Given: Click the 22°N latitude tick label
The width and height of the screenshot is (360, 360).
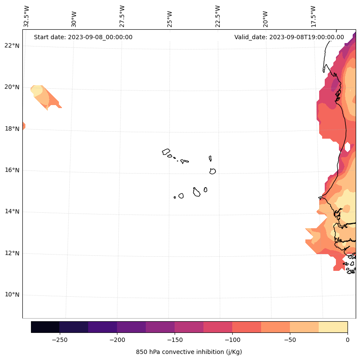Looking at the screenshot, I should [x=12, y=46].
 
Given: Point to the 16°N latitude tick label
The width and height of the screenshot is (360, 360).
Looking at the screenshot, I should [x=12, y=170].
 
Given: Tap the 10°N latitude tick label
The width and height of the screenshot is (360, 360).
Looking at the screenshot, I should [x=12, y=295].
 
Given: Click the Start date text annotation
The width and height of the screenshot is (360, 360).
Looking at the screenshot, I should [x=83, y=37].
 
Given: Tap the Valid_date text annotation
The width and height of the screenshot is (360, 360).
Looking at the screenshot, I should [x=289, y=37].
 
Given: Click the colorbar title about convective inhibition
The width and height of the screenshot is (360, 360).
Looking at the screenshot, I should [x=189, y=352].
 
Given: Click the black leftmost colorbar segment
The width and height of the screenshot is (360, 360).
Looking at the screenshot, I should [x=45, y=327].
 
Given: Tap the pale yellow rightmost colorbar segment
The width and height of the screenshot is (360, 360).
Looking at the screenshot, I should [x=333, y=327].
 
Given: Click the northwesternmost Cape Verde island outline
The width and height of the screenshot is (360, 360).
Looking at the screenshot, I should [x=166, y=152].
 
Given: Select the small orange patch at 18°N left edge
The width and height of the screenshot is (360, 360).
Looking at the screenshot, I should [x=24, y=126].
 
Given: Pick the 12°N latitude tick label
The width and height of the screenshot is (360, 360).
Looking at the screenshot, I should [x=12, y=253].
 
